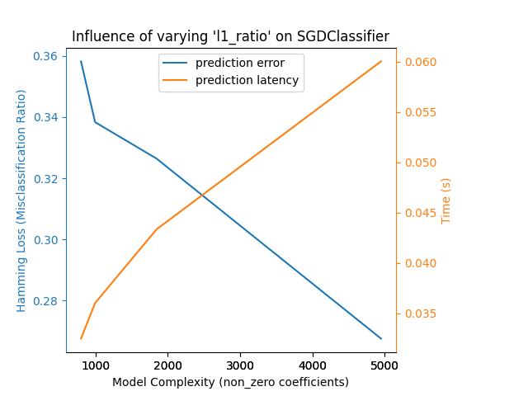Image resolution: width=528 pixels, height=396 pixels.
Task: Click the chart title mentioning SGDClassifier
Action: pyautogui.click(x=230, y=36)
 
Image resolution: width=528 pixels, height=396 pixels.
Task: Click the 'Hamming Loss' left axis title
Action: pyautogui.click(x=22, y=200)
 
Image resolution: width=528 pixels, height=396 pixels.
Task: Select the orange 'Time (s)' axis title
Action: pyautogui.click(x=446, y=200)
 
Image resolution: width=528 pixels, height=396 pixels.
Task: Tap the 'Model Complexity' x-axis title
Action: pyautogui.click(x=230, y=382)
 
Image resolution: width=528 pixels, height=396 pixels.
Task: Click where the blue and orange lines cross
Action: pyautogui.click(x=203, y=195)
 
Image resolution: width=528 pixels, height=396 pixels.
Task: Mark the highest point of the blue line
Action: pyautogui.click(x=81, y=61)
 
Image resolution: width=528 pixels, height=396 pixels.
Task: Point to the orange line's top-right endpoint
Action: pyautogui.click(x=381, y=61)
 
